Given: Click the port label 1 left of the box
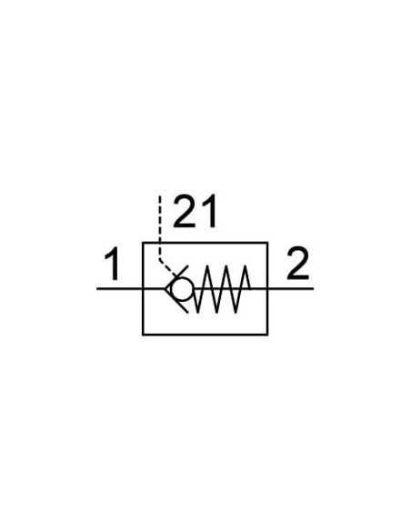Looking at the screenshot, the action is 112,264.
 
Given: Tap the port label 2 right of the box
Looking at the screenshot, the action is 297,264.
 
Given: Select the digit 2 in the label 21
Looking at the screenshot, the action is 184,211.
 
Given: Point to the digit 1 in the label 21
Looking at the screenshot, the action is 209,211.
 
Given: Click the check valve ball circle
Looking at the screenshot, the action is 182,289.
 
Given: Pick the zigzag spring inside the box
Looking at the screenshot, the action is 222,289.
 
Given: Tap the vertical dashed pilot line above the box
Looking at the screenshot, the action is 160,227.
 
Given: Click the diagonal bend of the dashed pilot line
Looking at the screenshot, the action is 168,267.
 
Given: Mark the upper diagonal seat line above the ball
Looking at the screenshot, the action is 176,277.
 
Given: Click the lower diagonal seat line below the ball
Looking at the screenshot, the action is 176,300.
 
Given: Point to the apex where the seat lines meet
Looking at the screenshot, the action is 165,289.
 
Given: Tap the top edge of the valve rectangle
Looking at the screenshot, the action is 205,243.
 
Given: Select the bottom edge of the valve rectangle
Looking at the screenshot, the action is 205,335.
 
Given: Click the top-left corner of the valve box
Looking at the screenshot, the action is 143,243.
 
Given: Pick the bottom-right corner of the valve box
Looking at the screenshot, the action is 268,335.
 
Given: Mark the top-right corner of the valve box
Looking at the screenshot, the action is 268,243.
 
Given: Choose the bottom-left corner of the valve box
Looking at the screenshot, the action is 143,335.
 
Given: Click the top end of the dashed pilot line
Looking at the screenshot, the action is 160,196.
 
